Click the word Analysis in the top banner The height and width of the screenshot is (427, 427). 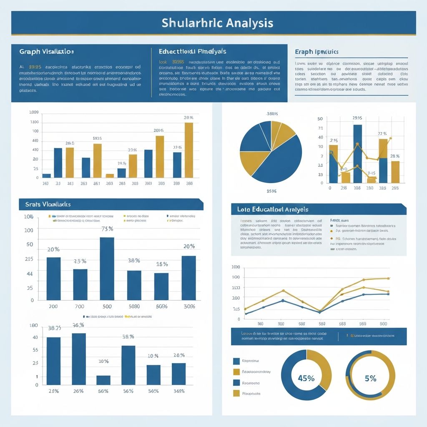(249, 23)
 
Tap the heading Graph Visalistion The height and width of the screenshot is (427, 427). (46, 52)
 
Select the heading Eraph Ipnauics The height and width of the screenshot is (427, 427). (316, 52)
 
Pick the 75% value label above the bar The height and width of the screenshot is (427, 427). (108, 229)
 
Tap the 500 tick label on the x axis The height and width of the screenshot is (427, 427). (107, 306)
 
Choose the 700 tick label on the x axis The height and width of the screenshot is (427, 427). (79, 306)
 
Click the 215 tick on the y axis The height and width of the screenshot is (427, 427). (29, 259)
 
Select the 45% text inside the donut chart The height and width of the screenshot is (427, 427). (306, 378)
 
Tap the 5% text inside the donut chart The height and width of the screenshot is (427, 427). (370, 378)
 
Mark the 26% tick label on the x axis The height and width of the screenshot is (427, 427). (78, 391)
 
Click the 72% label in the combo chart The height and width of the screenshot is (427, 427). (382, 134)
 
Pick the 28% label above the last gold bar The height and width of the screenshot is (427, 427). (395, 156)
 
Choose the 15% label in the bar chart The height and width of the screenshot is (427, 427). (162, 264)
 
